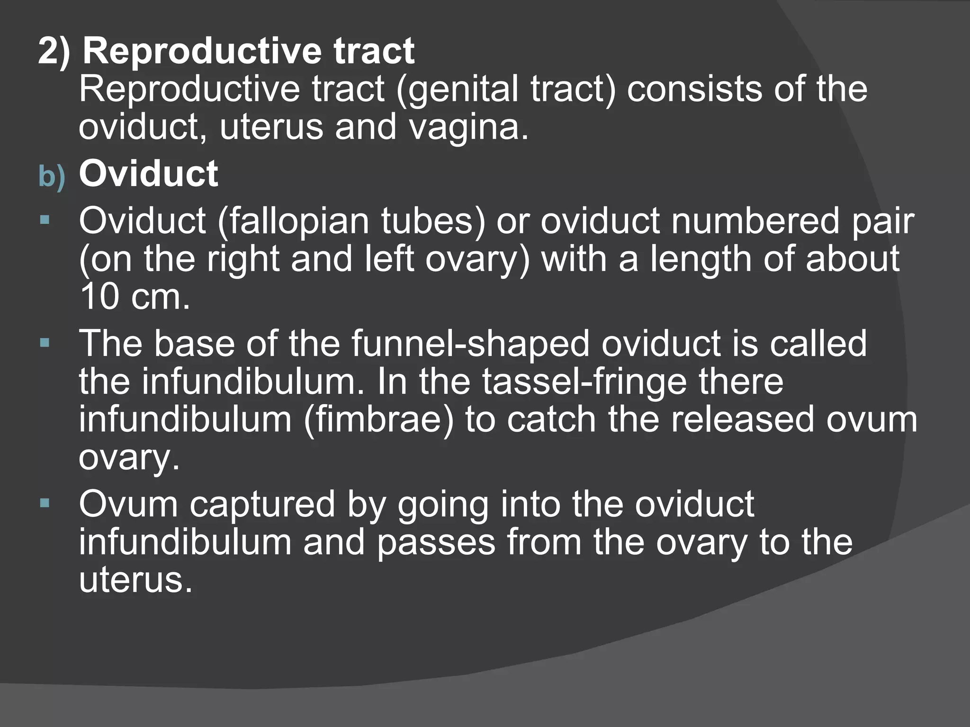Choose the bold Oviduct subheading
coord(148,174)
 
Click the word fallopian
coord(294,221)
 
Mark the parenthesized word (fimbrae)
coord(378,420)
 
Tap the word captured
coord(262,504)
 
